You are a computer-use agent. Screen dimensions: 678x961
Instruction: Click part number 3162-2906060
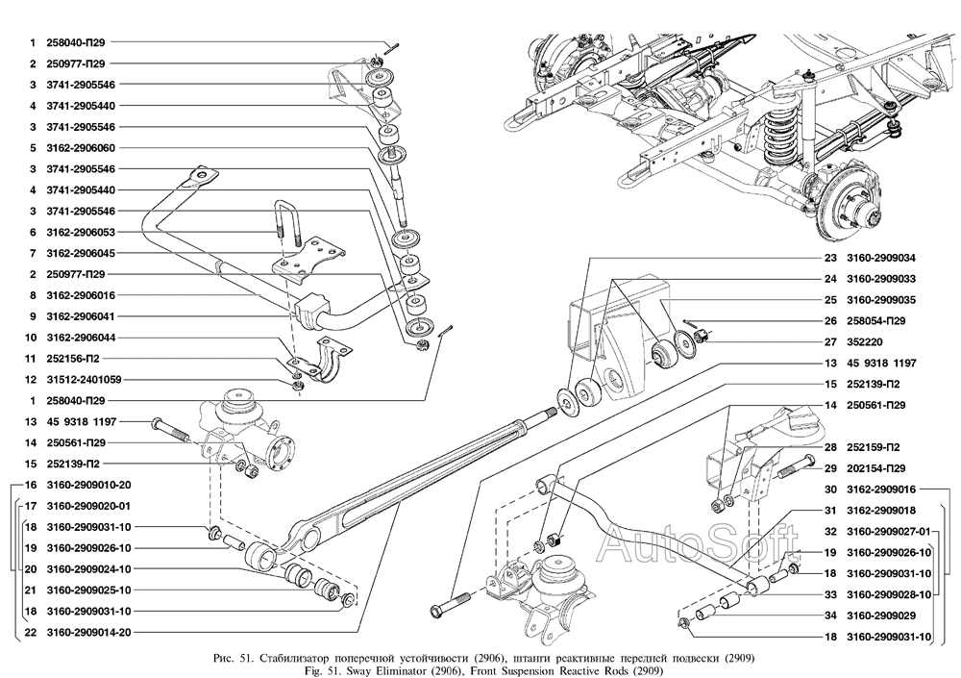click(81, 148)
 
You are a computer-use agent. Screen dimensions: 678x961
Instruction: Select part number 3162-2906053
click(81, 233)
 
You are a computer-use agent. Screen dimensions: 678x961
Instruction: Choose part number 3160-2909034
click(880, 258)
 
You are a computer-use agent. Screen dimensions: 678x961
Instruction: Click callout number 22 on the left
click(31, 632)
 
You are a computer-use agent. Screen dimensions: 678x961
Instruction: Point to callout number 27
click(829, 341)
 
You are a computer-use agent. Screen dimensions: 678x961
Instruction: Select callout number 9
click(31, 316)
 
